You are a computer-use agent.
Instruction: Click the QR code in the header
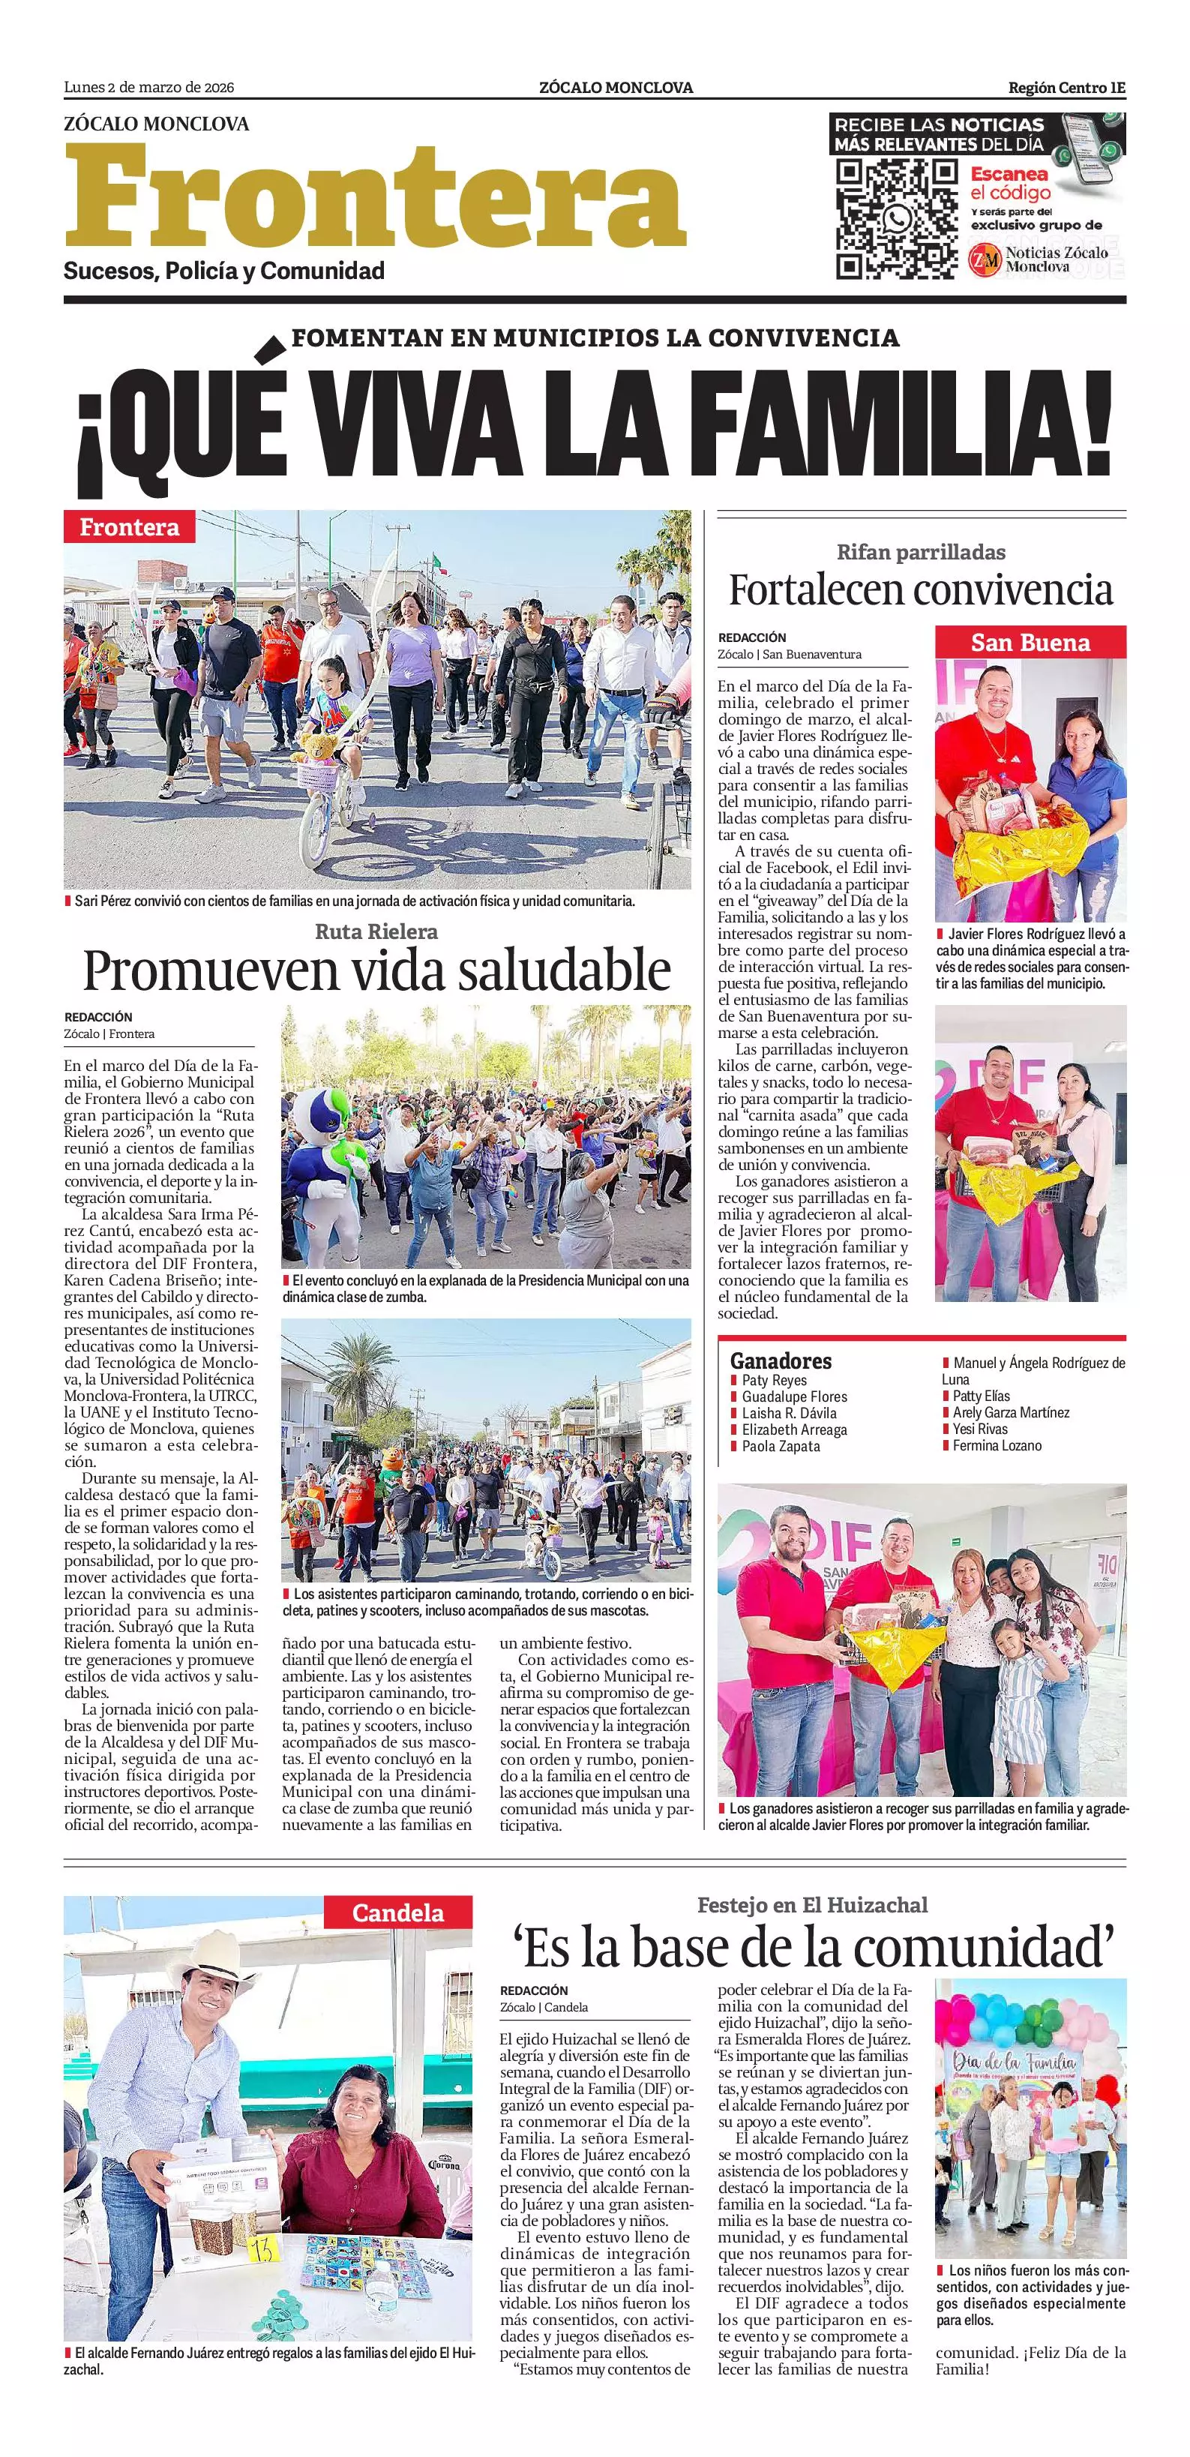pyautogui.click(x=896, y=219)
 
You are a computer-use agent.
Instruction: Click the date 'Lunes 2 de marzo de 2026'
pyautogui.click(x=148, y=88)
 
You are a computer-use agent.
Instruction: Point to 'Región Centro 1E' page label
pyautogui.click(x=1066, y=88)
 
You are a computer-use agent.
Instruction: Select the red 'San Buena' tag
pyautogui.click(x=1030, y=642)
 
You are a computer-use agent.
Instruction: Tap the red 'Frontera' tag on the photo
pyautogui.click(x=129, y=526)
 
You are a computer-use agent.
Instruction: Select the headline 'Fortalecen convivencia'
pyautogui.click(x=920, y=589)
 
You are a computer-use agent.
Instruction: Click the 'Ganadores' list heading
pyautogui.click(x=780, y=1361)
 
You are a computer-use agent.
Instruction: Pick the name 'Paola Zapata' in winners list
pyautogui.click(x=780, y=1446)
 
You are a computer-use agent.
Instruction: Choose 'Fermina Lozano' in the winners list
pyautogui.click(x=997, y=1445)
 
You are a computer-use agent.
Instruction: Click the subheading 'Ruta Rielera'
pyautogui.click(x=376, y=931)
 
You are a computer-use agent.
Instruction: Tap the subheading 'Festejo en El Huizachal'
pyautogui.click(x=811, y=1905)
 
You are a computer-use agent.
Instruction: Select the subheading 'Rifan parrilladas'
pyautogui.click(x=920, y=551)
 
